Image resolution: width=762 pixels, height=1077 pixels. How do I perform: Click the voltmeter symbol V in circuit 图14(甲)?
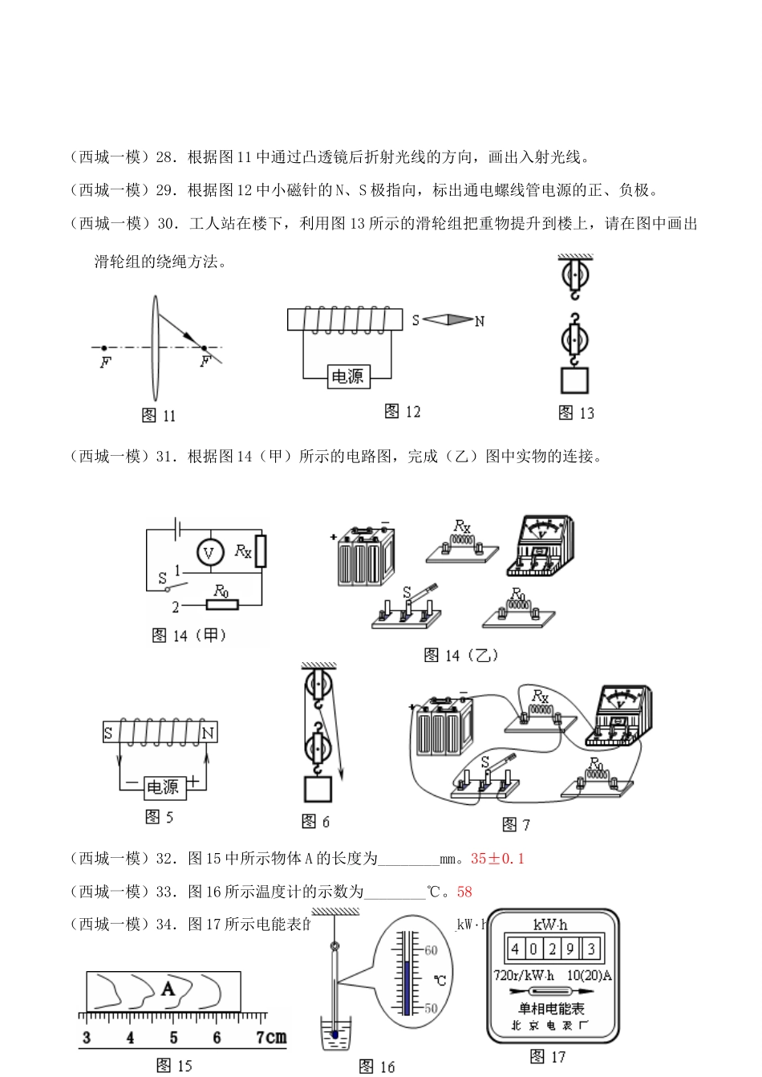pyautogui.click(x=210, y=552)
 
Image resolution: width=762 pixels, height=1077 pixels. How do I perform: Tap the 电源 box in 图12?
pyautogui.click(x=347, y=376)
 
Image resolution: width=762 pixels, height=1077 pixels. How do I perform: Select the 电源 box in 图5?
pyautogui.click(x=163, y=787)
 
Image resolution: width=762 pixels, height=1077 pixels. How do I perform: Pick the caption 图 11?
pyautogui.click(x=158, y=416)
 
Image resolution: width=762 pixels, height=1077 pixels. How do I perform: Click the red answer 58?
pyautogui.click(x=464, y=892)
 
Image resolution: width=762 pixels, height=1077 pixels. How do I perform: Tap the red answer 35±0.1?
pyautogui.click(x=497, y=859)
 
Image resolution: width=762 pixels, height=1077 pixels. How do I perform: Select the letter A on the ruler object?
pyautogui.click(x=168, y=989)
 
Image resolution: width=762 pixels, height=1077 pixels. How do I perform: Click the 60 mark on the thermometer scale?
pyautogui.click(x=431, y=951)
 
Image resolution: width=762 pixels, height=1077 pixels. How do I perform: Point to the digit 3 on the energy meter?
pyautogui.click(x=591, y=949)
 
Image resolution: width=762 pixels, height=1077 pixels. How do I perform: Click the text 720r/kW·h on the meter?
pyautogui.click(x=524, y=976)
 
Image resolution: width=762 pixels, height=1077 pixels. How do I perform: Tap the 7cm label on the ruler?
pyautogui.click(x=270, y=1037)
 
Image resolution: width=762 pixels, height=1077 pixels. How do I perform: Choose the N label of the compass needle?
pyautogui.click(x=480, y=322)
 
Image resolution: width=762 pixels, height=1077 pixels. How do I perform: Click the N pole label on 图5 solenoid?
pyautogui.click(x=208, y=733)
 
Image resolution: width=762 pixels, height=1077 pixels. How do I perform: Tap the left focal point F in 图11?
pyautogui.click(x=104, y=348)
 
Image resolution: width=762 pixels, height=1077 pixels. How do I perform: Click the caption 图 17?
pyautogui.click(x=548, y=1057)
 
